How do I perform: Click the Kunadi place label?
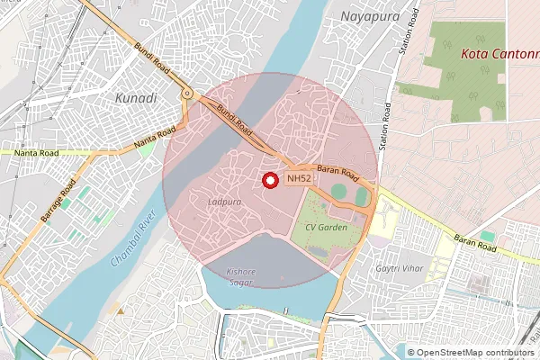click(137, 96)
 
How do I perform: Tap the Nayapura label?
click(369, 16)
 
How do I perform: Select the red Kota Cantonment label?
click(499, 54)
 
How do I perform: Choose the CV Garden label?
click(325, 227)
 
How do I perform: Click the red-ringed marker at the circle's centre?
click(269, 180)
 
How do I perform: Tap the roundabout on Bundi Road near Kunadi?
click(187, 94)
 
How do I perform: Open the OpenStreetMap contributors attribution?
click(470, 353)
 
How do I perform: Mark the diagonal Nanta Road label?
click(154, 139)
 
